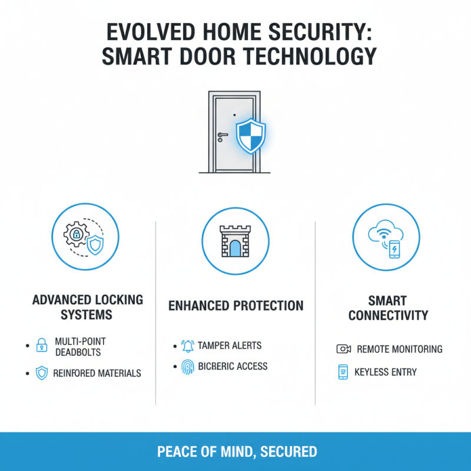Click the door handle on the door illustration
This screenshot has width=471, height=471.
(x=223, y=135)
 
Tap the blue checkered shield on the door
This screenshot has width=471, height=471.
(x=251, y=135)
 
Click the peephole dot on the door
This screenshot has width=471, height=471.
(x=234, y=115)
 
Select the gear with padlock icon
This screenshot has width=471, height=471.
(x=77, y=234)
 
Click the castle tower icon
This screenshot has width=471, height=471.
(x=235, y=241)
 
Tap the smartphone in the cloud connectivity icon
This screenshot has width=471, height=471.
(x=394, y=249)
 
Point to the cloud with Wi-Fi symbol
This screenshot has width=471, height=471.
(x=386, y=231)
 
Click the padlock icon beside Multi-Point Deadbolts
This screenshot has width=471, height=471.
(x=42, y=345)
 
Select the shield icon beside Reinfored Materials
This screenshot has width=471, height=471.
(x=42, y=373)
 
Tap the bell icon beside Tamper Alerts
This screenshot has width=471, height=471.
(x=188, y=346)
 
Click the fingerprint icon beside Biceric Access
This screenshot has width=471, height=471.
(x=188, y=367)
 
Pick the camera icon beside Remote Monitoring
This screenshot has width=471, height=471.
(x=344, y=349)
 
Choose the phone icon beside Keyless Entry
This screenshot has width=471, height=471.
(x=343, y=372)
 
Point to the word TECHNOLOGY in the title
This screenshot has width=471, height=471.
(x=310, y=56)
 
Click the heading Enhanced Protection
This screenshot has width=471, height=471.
(x=236, y=306)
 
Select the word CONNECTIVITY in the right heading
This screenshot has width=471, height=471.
(x=388, y=316)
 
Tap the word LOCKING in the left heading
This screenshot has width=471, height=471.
(x=120, y=300)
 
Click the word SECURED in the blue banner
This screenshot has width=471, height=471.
(x=288, y=452)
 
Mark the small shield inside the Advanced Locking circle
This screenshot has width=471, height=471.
(x=95, y=245)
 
